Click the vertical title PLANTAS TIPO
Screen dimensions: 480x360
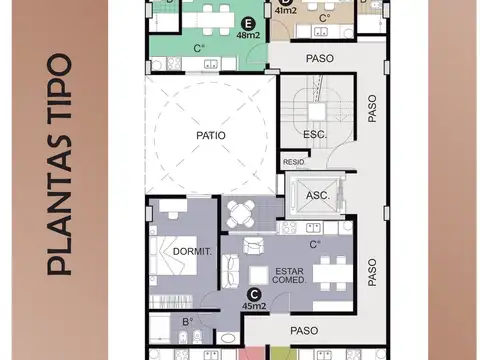coord(60,164)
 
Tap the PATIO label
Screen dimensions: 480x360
coord(211,135)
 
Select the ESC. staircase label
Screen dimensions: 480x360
coord(315,135)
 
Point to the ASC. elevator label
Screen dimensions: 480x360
coord(318,195)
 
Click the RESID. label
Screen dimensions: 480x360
coord(294,162)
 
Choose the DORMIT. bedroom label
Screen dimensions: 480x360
coord(192,252)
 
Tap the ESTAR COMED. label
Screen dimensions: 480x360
coord(289,276)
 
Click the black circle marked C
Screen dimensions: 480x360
coord(254,295)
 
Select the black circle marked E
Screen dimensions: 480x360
coord(248,24)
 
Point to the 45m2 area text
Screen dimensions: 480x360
coord(254,306)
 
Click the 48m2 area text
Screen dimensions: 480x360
coord(248,35)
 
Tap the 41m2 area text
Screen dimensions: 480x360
coord(286,11)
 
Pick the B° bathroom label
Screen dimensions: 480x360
coord(188,322)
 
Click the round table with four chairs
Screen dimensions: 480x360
coord(241,214)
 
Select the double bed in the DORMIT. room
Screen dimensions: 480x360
coord(173,256)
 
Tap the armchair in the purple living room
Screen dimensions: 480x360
coord(254,246)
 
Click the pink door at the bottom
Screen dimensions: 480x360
coord(252,353)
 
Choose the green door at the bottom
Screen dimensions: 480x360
coord(283,353)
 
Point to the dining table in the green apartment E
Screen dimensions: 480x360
coord(208,20)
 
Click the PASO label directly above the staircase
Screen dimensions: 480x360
coord(320,58)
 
